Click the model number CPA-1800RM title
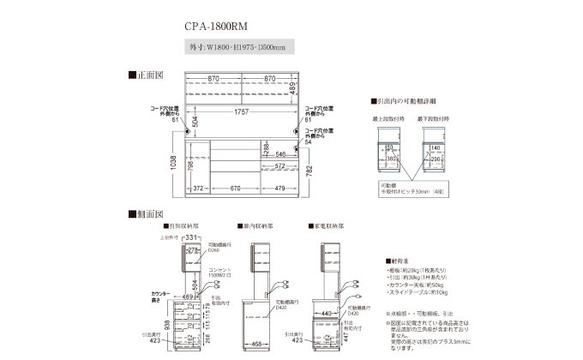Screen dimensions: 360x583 [x=213, y=26]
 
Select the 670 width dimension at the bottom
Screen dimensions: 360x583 [x=234, y=188]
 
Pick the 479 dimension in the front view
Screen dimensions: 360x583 [x=279, y=188]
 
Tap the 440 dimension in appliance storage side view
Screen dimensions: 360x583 [x=327, y=315]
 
